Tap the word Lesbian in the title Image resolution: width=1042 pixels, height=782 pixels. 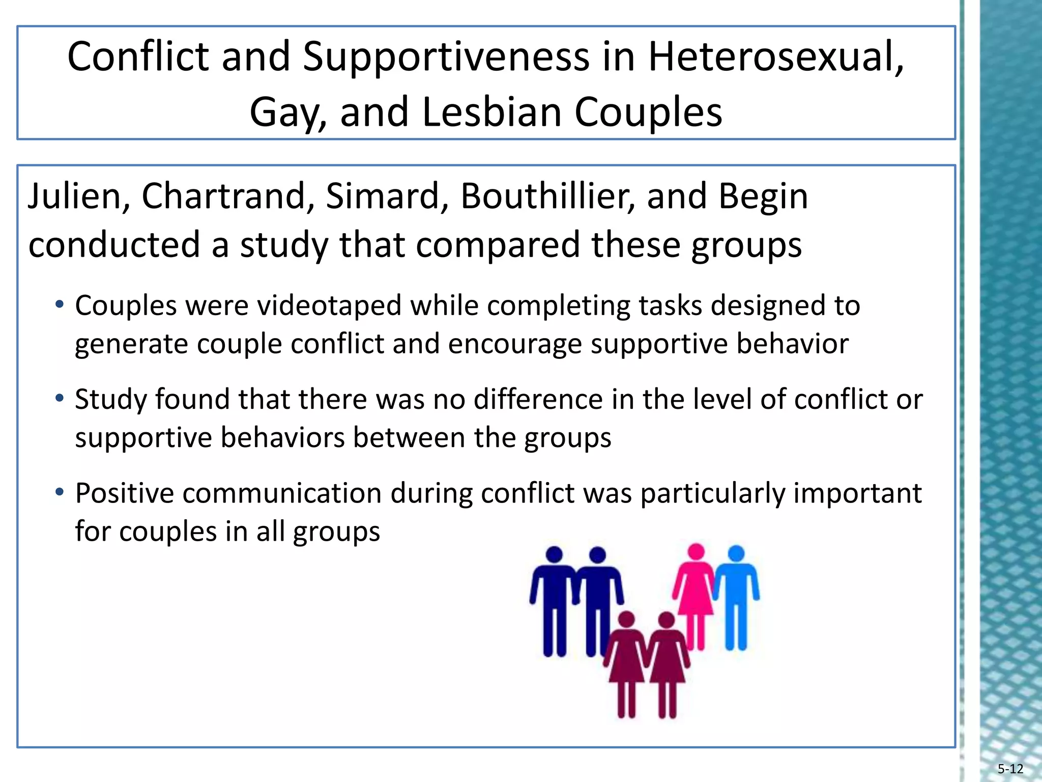(491, 112)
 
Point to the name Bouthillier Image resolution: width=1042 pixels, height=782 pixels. (547, 196)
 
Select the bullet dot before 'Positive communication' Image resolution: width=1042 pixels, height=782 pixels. (60, 492)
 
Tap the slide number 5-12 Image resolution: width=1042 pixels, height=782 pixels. (1010, 769)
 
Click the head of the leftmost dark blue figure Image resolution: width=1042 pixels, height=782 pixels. (554, 554)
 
